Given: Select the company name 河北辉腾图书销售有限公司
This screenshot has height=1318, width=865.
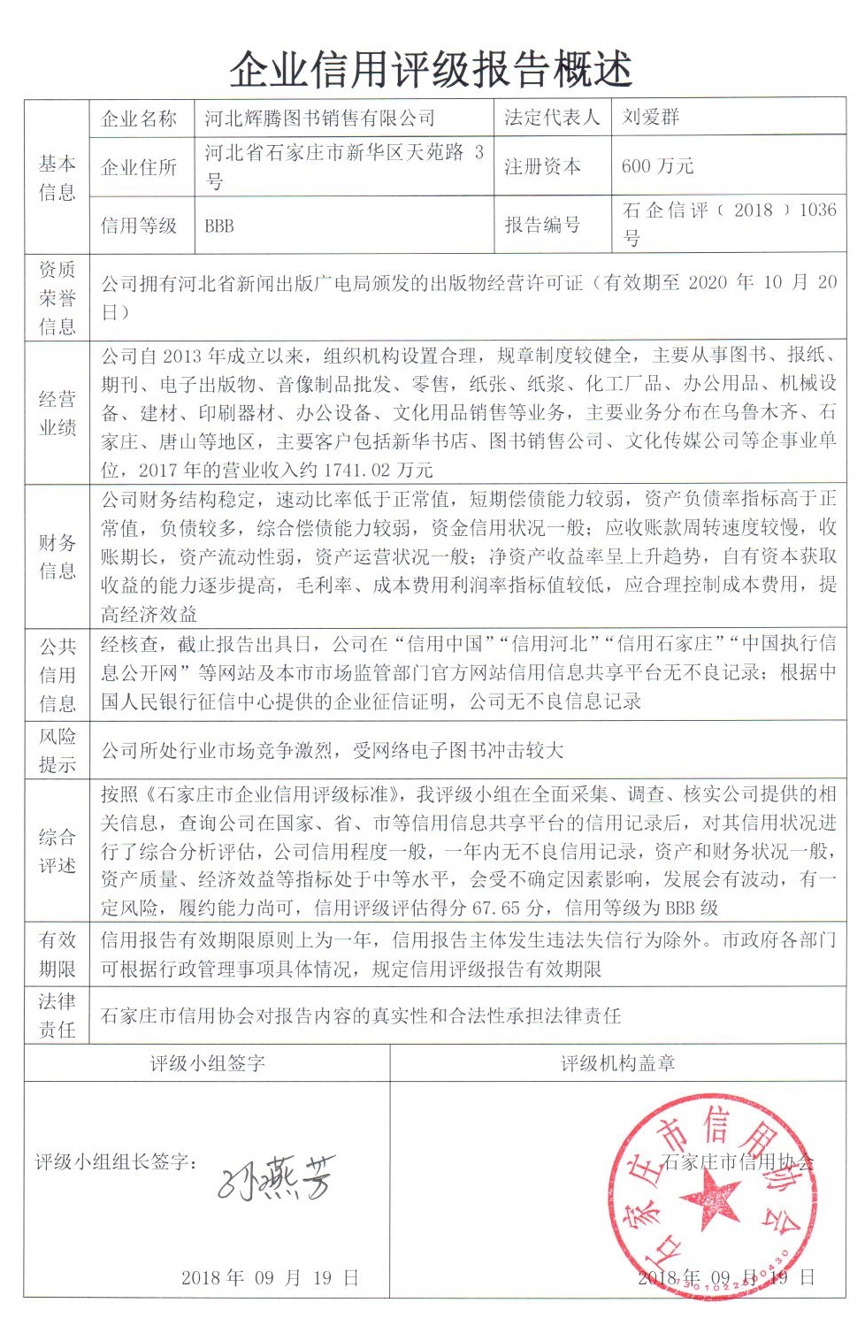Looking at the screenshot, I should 319,119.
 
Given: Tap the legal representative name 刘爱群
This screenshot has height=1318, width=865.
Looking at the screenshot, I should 651,118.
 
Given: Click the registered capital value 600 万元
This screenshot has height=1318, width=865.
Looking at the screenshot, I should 657,166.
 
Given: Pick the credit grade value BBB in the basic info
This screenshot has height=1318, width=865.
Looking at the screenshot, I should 219,226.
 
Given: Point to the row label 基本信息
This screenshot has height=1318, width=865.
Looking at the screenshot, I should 57,178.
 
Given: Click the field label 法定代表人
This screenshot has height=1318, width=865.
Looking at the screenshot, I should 552,118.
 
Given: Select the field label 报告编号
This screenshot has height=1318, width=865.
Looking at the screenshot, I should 542,225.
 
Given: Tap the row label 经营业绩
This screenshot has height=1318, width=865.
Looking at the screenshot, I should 57,413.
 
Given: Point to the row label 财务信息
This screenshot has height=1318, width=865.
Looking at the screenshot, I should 57,556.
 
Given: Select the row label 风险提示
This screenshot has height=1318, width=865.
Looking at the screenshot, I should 57,750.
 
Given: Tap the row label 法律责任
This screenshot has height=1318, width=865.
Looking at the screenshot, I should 57,1015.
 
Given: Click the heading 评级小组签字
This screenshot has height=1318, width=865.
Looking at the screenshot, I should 207,1063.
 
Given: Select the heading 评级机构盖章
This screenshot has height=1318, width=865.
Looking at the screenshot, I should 617,1063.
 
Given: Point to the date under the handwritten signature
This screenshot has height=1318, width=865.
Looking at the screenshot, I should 270,1277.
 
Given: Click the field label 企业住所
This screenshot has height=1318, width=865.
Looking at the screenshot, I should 139,166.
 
